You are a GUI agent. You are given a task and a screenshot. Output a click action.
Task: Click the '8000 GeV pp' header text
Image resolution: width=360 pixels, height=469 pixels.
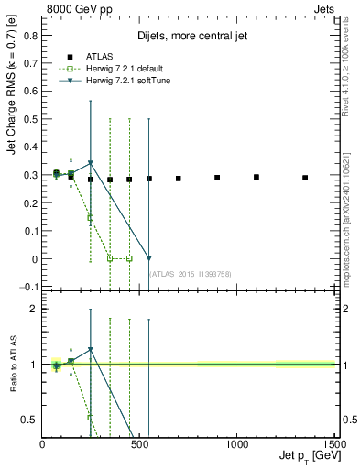point(75,7)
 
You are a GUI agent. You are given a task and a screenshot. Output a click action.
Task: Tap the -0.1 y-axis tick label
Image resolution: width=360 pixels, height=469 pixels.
point(29,288)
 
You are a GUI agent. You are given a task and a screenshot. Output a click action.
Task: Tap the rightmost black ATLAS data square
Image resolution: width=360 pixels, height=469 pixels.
point(305,178)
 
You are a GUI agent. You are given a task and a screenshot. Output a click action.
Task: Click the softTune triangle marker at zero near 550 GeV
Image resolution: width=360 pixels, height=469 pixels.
point(149,258)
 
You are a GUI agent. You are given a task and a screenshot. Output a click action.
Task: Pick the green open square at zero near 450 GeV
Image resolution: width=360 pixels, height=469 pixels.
point(129,258)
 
